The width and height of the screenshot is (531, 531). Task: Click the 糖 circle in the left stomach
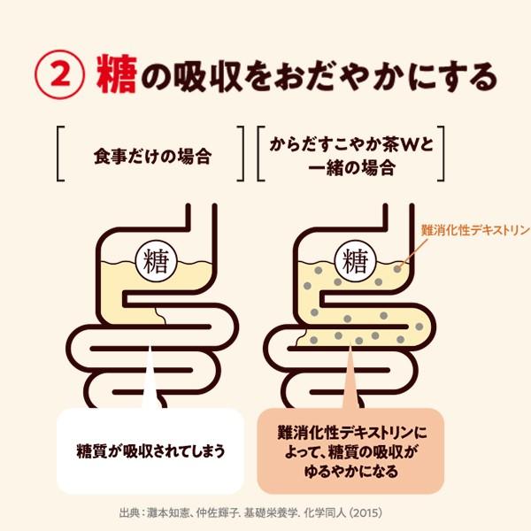152,260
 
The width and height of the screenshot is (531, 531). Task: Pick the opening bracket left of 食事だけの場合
61,155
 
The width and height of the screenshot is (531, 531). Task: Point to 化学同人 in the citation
352,512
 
